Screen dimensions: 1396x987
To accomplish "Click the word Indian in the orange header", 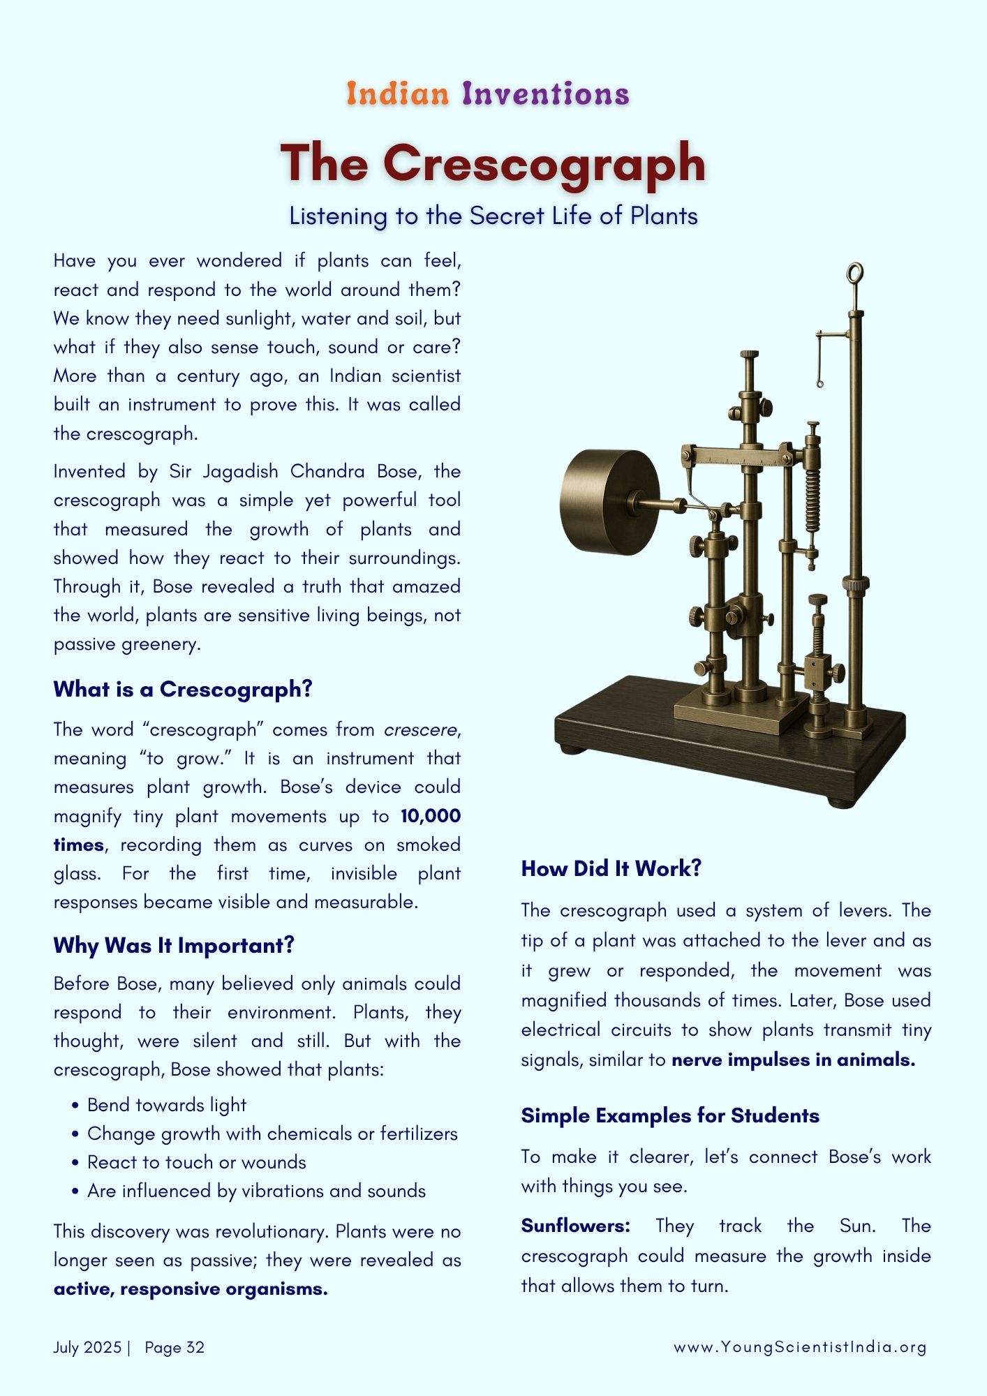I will click(x=397, y=94).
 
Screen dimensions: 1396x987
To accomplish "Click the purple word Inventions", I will click(x=546, y=94).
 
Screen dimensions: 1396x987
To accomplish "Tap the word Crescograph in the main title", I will click(x=544, y=163).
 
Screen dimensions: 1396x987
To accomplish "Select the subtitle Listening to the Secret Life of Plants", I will click(x=493, y=216).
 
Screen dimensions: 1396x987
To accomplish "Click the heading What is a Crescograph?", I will click(x=183, y=689).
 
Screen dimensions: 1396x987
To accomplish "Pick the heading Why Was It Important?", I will click(x=174, y=945).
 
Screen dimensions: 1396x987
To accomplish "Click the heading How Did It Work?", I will click(x=611, y=868).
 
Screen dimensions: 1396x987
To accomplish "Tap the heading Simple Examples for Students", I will click(x=670, y=1115).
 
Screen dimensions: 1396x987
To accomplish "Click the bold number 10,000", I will click(x=431, y=816).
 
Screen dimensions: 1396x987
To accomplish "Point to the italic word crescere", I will click(x=421, y=729).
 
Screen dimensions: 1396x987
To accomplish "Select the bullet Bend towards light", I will click(x=167, y=1105).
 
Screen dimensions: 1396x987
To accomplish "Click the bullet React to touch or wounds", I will click(x=197, y=1162).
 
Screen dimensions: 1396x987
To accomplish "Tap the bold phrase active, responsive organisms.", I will click(x=191, y=1289).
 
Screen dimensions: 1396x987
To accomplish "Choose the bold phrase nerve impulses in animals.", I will click(x=793, y=1060).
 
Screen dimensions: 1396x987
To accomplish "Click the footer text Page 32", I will click(x=175, y=1347).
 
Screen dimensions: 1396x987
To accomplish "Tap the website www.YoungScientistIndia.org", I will click(x=800, y=1347).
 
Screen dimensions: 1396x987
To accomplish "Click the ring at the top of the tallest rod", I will click(x=855, y=273).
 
